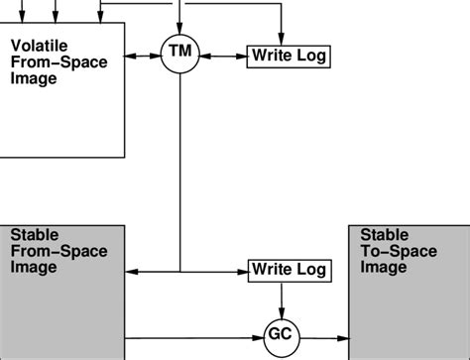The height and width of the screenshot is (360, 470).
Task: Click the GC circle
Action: tap(282, 334)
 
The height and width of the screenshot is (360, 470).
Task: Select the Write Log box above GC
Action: tap(286, 269)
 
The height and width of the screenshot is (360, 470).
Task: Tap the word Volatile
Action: tap(37, 47)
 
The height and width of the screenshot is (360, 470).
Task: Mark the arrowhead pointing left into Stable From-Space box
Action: tap(133, 269)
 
